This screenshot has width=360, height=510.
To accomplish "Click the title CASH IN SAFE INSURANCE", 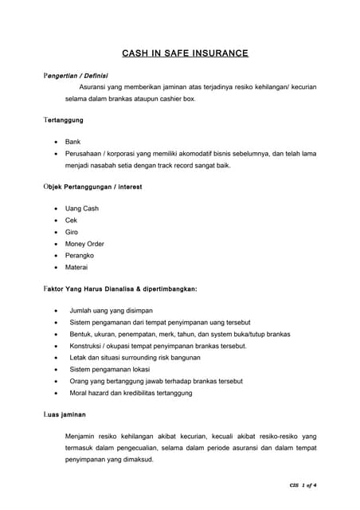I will pos(185,53).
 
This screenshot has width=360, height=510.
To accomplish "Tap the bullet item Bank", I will pos(73,141).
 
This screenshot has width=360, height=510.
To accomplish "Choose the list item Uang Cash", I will pos(82,209).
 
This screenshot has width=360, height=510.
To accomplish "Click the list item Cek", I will pos(72,220).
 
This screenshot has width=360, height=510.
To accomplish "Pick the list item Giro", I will pos(72,232).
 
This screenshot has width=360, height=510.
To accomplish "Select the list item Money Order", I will pos(84,244).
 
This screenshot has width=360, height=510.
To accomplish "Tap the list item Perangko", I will pos(80,255).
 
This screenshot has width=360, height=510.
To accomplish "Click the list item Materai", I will pos(77,267).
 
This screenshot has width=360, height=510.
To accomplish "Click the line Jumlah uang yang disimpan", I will pos(110,312).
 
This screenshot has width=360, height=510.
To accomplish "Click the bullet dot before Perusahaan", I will pos(54,153).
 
